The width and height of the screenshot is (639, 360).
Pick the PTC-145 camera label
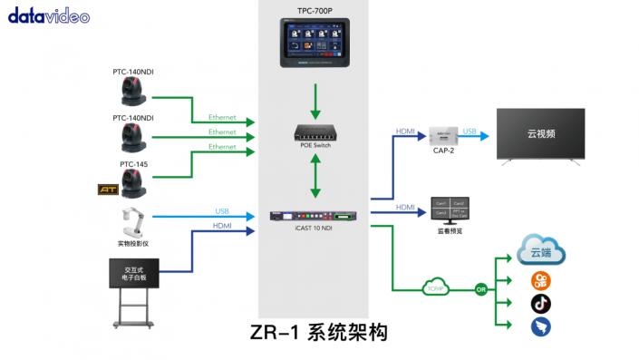tap(133, 164)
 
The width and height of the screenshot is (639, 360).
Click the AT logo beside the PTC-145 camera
tap(108, 190)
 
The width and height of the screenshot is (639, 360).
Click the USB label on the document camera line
tap(222, 211)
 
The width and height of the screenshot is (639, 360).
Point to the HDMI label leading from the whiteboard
tap(222, 226)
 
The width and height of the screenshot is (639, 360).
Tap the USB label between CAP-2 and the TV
tap(469, 131)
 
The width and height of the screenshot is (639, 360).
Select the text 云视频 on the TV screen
tap(540, 133)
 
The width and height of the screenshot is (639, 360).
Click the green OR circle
tap(480, 289)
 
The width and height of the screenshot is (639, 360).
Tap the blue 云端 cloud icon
tap(542, 249)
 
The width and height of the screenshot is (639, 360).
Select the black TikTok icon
tap(541, 303)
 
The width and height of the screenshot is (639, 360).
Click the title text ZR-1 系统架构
tap(319, 333)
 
